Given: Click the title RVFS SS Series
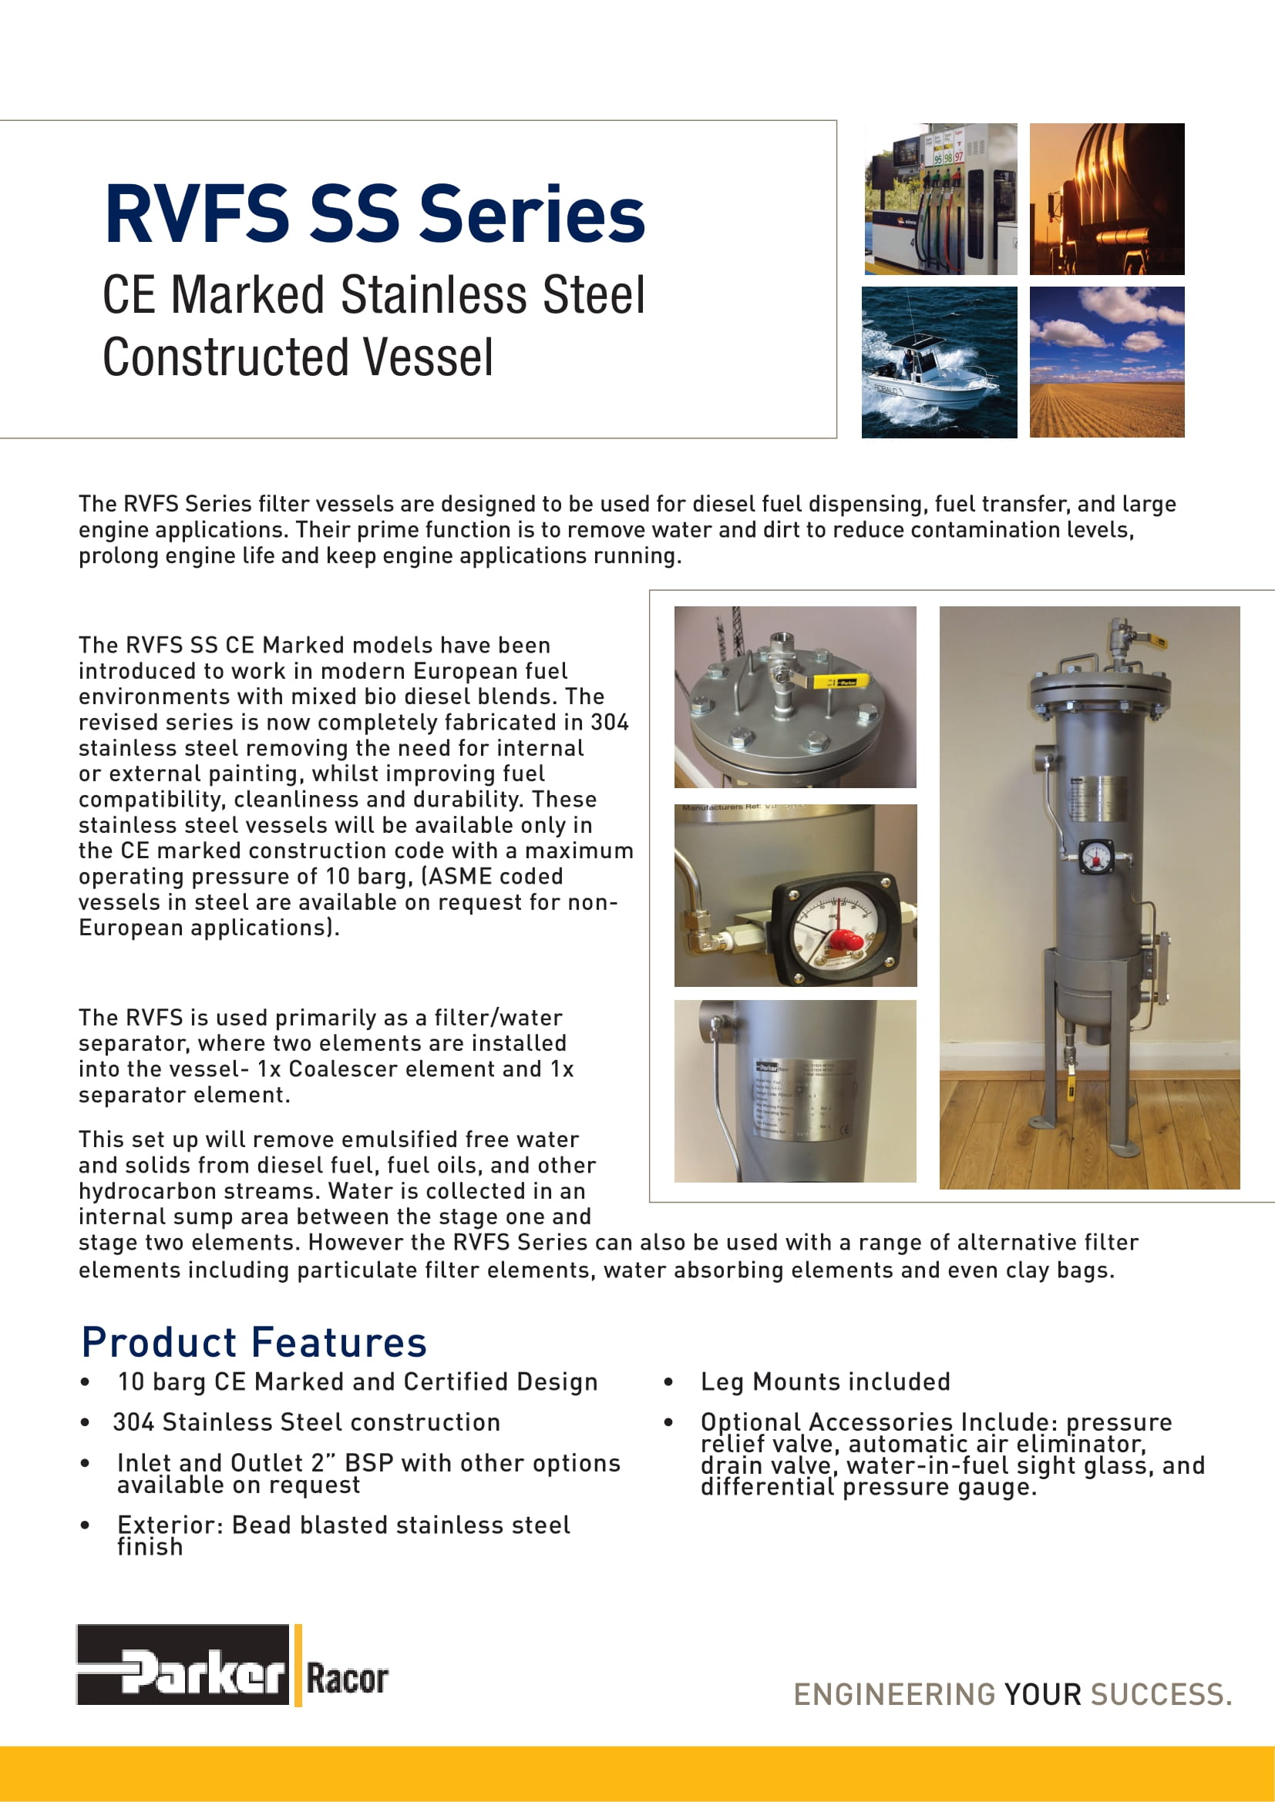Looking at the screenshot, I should tap(375, 213).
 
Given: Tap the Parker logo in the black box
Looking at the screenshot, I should tap(183, 1675).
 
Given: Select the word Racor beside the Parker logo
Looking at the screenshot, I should tap(347, 1680).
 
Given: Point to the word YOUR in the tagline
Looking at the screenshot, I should tap(1043, 1694).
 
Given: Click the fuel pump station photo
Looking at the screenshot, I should tap(940, 199).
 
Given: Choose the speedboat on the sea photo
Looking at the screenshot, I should tap(939, 362).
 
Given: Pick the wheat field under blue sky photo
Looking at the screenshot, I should tap(1106, 362).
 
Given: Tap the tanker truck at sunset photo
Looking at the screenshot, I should tap(1106, 199).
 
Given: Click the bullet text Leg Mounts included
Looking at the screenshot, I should tap(825, 1381).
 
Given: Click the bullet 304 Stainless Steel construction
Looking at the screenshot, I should tap(307, 1422).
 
